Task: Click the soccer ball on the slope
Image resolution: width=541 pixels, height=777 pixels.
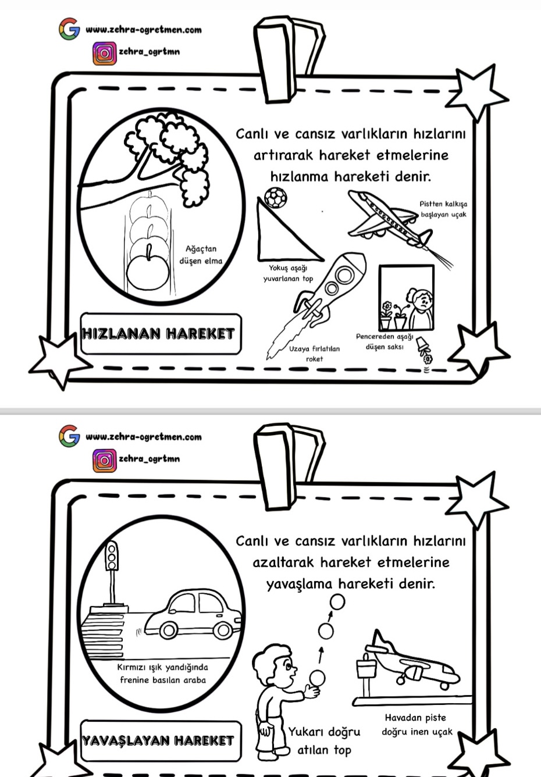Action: tap(275, 198)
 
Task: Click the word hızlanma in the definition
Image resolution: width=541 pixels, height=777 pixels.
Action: tap(300, 176)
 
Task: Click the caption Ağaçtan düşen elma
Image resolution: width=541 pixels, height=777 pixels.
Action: tap(201, 255)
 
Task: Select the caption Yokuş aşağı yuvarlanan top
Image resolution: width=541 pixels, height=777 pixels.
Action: tap(288, 273)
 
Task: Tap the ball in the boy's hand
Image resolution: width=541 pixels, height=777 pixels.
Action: tap(316, 678)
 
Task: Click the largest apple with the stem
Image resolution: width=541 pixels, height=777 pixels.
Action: tap(149, 270)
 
